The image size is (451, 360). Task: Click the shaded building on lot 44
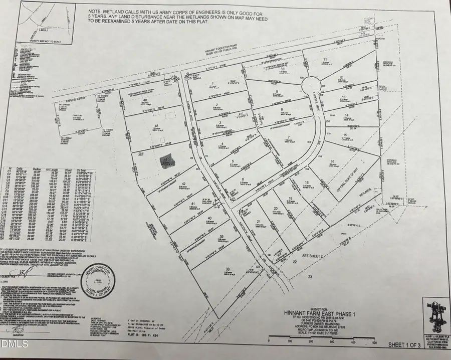coord(165,160)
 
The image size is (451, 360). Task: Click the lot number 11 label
coord(325,60)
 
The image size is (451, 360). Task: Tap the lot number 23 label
coord(310,276)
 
